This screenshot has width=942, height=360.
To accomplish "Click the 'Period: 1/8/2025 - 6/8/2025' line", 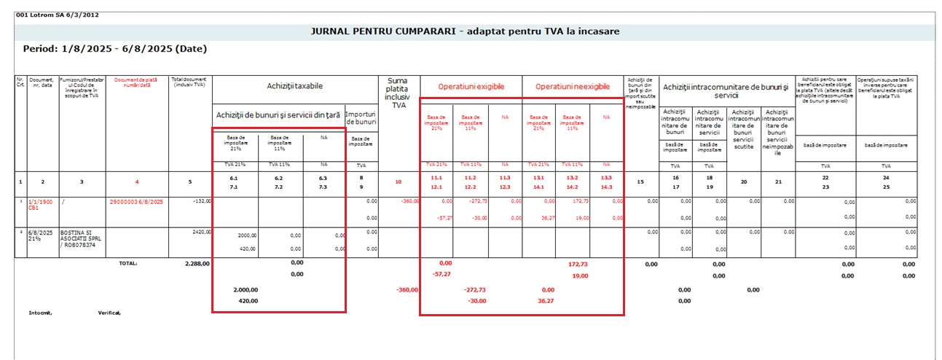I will click(x=115, y=49).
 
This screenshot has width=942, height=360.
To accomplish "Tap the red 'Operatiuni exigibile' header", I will click(x=471, y=86).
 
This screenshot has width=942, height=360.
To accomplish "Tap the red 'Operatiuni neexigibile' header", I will click(x=573, y=86).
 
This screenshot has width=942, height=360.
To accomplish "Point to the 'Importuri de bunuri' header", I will click(x=361, y=118).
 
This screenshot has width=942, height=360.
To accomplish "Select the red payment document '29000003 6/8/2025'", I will click(x=137, y=200).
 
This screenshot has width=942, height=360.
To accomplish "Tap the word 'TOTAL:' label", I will click(x=127, y=263).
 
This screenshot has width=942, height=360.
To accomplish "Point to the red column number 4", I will click(x=136, y=181).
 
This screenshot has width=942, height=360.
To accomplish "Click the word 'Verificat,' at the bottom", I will click(x=109, y=313).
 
